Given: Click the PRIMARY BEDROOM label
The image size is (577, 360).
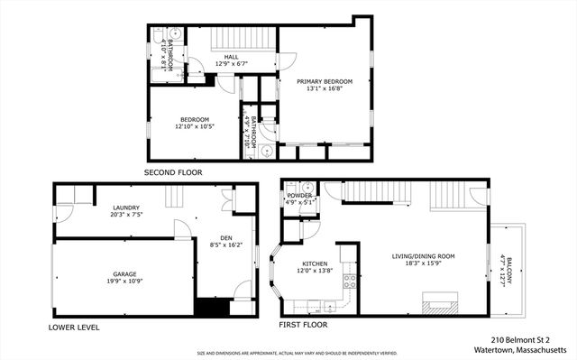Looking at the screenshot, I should (x=325, y=81).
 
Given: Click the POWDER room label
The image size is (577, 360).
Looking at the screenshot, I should (x=299, y=196).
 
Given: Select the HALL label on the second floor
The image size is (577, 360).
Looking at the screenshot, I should (x=231, y=57).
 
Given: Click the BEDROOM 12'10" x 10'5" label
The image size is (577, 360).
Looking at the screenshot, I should (x=194, y=120).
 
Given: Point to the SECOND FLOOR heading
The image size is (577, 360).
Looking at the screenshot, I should (x=173, y=171).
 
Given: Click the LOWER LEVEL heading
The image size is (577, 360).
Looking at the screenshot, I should (x=74, y=327).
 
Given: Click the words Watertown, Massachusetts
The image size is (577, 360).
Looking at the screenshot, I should (x=518, y=349).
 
